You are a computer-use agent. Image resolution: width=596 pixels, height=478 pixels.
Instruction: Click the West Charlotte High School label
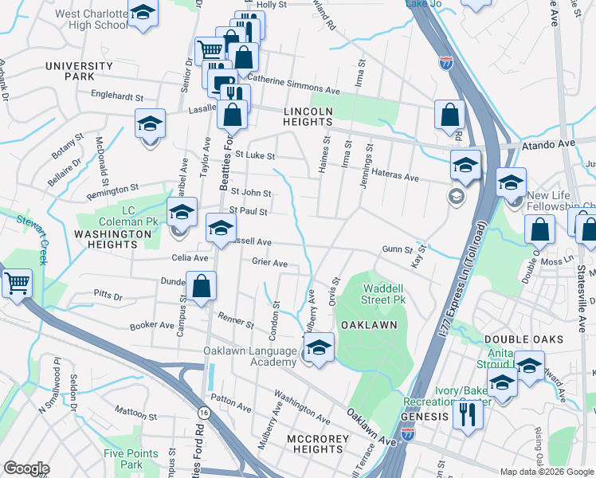90,19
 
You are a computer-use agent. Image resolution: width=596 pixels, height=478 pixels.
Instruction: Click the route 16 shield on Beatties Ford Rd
205,412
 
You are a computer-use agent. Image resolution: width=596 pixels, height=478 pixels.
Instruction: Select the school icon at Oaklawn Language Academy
319,347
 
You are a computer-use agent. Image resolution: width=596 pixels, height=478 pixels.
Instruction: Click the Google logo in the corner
27,468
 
